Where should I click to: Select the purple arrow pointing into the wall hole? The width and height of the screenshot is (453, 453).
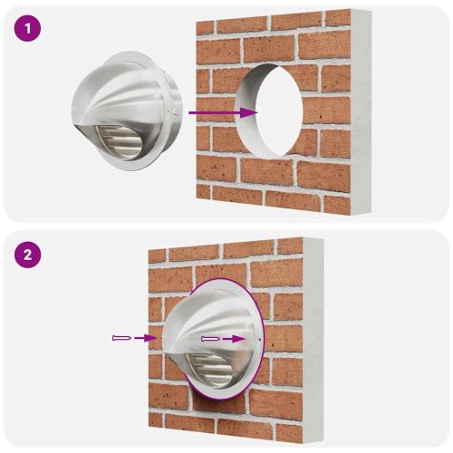pos(222,112)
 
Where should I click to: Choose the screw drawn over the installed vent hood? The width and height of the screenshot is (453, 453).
pos(209,337)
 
